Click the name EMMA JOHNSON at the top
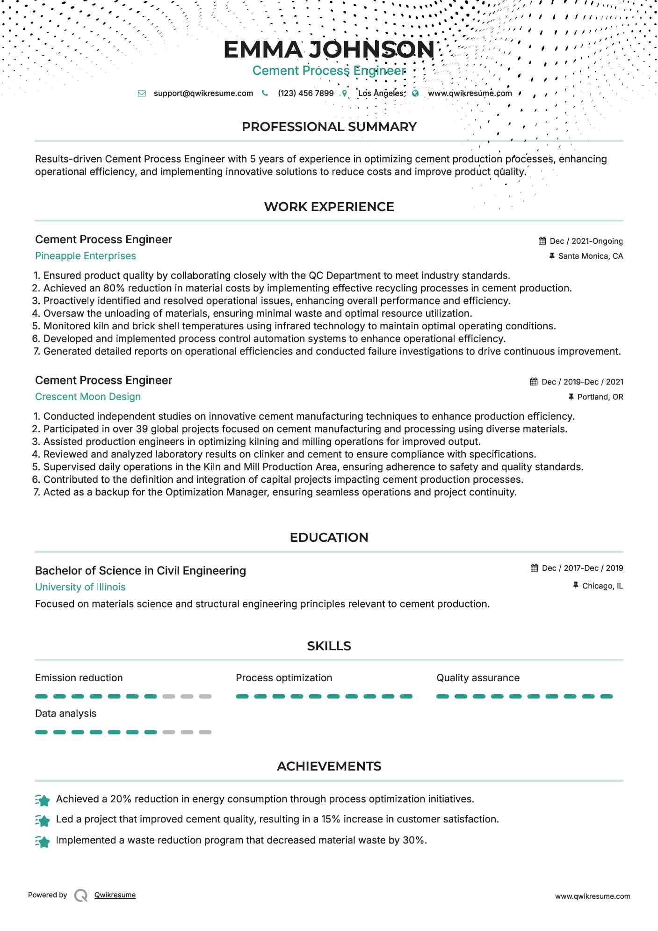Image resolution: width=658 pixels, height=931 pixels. point(329,50)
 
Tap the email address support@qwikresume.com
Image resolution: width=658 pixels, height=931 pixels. point(203,93)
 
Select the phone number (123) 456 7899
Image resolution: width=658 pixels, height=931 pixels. point(305,93)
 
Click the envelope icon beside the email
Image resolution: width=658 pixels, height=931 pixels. point(142,94)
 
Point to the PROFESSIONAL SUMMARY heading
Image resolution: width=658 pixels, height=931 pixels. point(329,127)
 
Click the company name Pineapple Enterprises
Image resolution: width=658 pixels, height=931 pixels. point(86,256)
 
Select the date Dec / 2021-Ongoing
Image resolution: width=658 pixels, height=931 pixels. point(586,241)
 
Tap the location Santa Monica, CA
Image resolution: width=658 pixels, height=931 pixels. point(590,256)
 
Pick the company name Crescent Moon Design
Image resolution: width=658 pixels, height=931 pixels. point(88,397)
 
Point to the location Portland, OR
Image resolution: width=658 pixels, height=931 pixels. point(600,397)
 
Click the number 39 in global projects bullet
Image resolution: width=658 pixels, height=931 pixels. point(142,429)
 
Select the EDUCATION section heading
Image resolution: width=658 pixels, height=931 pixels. point(329,538)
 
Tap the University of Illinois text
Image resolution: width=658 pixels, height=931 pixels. point(80,587)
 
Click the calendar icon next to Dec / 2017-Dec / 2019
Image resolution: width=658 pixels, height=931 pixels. point(535,568)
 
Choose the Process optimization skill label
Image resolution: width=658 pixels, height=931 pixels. point(284,678)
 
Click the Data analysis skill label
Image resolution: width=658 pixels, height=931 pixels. point(66,713)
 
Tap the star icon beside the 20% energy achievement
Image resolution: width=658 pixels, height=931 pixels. point(43,800)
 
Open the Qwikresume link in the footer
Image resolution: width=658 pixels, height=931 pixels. point(115,895)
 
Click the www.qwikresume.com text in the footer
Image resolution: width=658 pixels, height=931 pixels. point(593,896)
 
